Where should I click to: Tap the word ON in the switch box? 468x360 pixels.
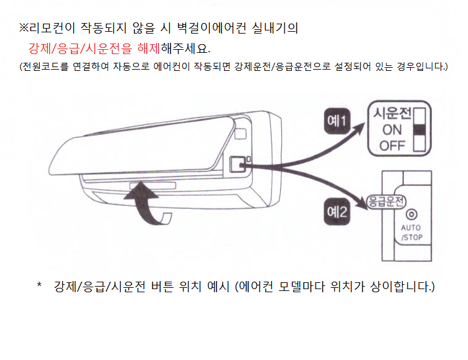pyautogui.click(x=392, y=130)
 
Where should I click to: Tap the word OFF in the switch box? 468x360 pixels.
pyautogui.click(x=392, y=146)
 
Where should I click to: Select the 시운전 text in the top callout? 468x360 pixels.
pyautogui.click(x=391, y=114)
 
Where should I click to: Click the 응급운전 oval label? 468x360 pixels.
pyautogui.click(x=386, y=201)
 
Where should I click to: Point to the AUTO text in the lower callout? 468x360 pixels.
pyautogui.click(x=411, y=228)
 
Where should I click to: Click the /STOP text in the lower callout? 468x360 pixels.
pyautogui.click(x=411, y=238)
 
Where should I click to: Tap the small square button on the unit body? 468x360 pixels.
pyautogui.click(x=237, y=164)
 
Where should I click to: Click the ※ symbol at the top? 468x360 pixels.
pyautogui.click(x=24, y=29)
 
